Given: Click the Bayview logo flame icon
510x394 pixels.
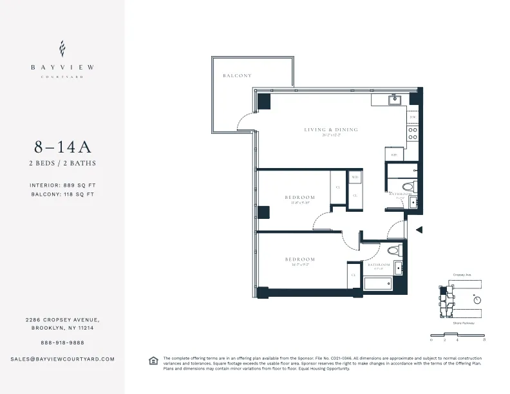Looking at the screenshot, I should point(62,48).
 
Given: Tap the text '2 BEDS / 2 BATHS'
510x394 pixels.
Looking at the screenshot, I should point(62,164).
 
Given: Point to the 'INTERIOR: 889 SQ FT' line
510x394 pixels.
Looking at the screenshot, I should point(62,185).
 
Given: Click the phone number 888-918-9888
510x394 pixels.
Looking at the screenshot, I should point(62,342).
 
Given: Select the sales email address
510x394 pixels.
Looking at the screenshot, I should point(62,359).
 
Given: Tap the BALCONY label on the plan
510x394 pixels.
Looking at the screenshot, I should point(237,75).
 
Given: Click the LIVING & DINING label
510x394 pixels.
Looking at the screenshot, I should point(330,130).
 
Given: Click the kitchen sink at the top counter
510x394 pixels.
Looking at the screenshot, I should point(395,100).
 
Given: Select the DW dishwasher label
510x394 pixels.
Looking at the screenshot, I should point(413,118).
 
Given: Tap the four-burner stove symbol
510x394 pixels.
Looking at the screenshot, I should point(413,134).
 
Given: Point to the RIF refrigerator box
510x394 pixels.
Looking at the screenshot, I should point(393,155).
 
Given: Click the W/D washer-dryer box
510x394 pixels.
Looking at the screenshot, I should point(355,178).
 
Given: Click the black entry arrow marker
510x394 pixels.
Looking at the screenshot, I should point(419,229).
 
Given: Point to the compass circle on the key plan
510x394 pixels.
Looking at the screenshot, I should point(477,299).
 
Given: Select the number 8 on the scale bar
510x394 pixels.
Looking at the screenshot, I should point(484,339).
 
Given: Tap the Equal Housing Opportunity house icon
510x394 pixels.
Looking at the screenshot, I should point(153,361).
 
